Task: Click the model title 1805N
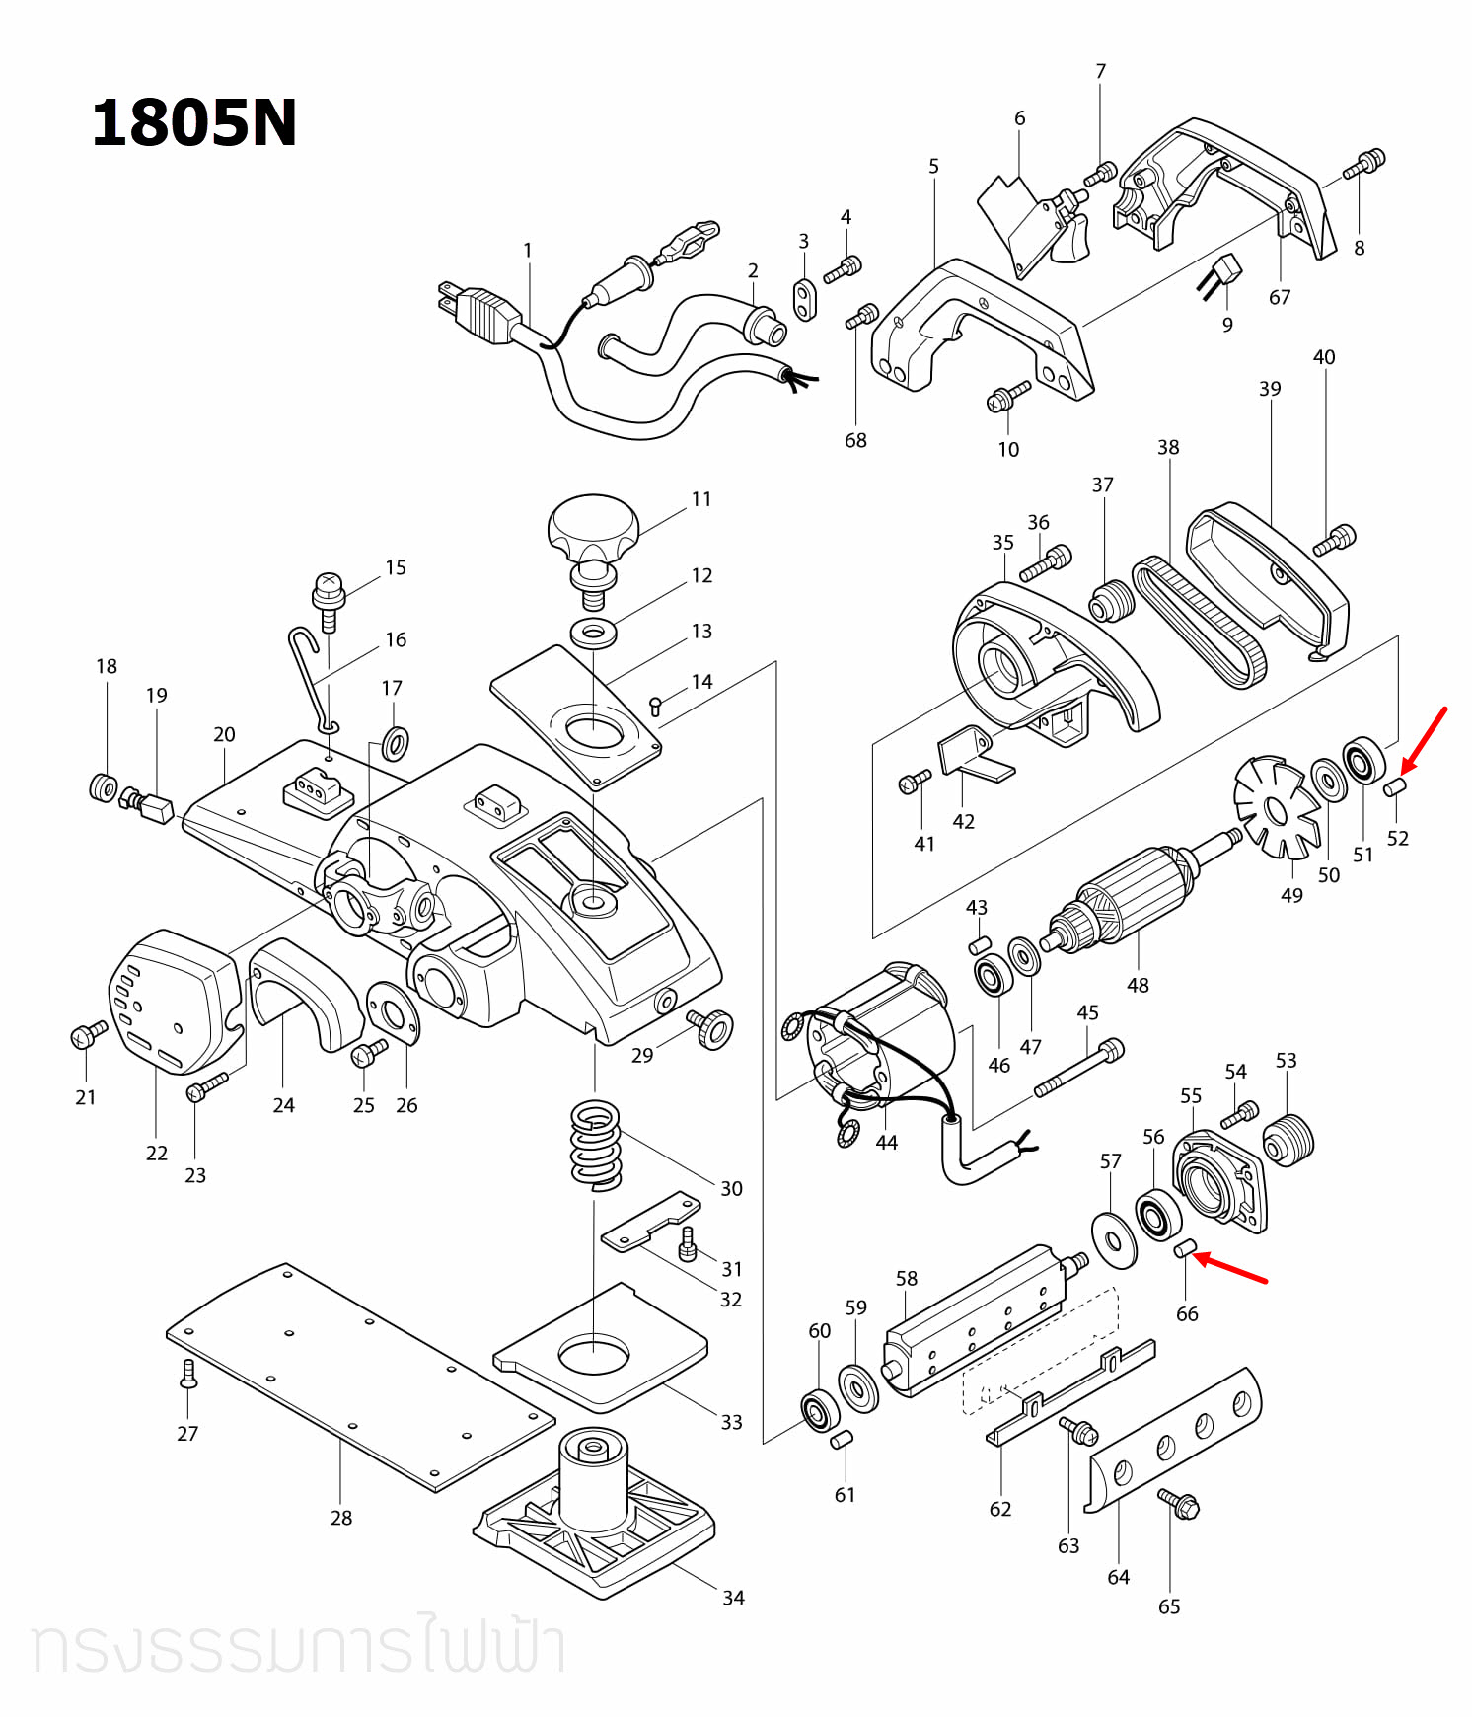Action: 193,123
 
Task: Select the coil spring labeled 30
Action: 596,1145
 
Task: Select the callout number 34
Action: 733,1597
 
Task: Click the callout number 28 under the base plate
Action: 341,1517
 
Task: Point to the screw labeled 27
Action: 189,1374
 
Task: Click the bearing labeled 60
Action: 819,1410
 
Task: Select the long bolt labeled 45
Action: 1078,1068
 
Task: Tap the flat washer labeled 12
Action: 593,632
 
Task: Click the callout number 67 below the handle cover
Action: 1279,297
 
